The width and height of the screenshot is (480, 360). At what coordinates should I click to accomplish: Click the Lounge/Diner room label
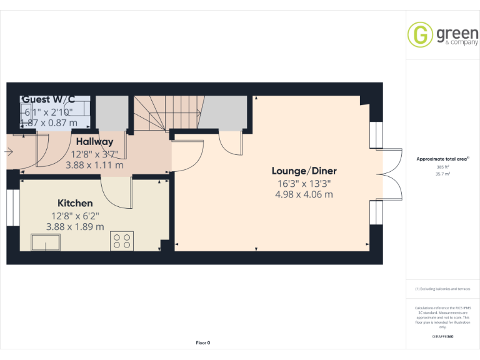pyautogui.click(x=304, y=171)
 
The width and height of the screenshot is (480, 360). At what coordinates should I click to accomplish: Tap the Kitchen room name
pyautogui.click(x=75, y=203)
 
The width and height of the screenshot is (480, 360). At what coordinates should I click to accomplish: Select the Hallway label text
pyautogui.click(x=94, y=142)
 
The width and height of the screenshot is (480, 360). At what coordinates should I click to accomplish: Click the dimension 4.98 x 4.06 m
pyautogui.click(x=304, y=194)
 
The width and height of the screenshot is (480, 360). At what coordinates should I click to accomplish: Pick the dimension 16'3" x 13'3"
pyautogui.click(x=304, y=183)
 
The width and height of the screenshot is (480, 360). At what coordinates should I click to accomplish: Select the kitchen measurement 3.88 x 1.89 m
pyautogui.click(x=75, y=227)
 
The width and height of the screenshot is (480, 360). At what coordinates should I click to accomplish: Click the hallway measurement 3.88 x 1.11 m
pyautogui.click(x=94, y=166)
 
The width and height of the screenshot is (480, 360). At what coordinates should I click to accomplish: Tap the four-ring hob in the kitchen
pyautogui.click(x=122, y=241)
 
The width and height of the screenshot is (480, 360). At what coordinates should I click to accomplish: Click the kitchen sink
pyautogui.click(x=47, y=242)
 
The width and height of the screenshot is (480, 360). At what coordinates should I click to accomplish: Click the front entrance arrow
pyautogui.click(x=8, y=151)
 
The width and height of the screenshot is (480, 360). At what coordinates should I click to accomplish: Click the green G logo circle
pyautogui.click(x=420, y=34)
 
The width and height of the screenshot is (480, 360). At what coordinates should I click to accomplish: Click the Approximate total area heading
pyautogui.click(x=442, y=159)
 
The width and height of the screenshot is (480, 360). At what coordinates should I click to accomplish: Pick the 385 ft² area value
pyautogui.click(x=442, y=167)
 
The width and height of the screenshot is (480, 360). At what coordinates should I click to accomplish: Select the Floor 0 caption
pyautogui.click(x=203, y=342)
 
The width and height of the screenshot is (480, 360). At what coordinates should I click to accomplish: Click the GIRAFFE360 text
pyautogui.click(x=442, y=337)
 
